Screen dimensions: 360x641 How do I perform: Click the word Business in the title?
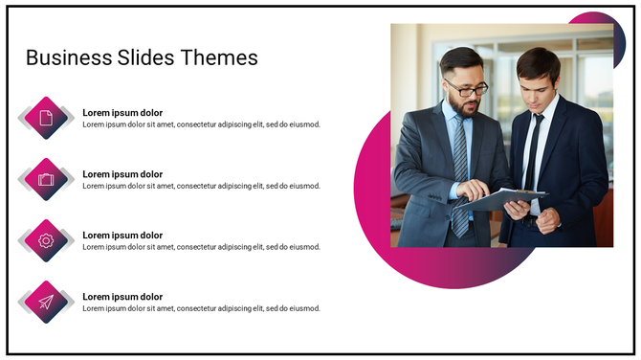click(x=65, y=57)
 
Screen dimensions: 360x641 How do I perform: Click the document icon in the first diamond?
click(x=46, y=118)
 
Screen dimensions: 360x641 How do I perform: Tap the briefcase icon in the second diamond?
click(x=46, y=179)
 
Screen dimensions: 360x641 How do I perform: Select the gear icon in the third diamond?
click(x=46, y=240)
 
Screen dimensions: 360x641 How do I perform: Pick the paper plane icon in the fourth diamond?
click(x=46, y=302)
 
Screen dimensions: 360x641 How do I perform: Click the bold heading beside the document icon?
click(x=122, y=113)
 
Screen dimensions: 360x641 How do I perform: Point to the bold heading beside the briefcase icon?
click(x=122, y=174)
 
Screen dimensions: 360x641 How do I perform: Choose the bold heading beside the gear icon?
click(x=122, y=236)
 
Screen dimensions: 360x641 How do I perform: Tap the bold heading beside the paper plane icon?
click(x=122, y=297)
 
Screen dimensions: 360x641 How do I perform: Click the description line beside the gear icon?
click(x=201, y=247)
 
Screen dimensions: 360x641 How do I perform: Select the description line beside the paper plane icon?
click(x=201, y=308)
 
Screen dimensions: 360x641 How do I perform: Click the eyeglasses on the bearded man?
click(x=467, y=89)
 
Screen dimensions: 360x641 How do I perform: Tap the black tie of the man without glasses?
click(x=532, y=153)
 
